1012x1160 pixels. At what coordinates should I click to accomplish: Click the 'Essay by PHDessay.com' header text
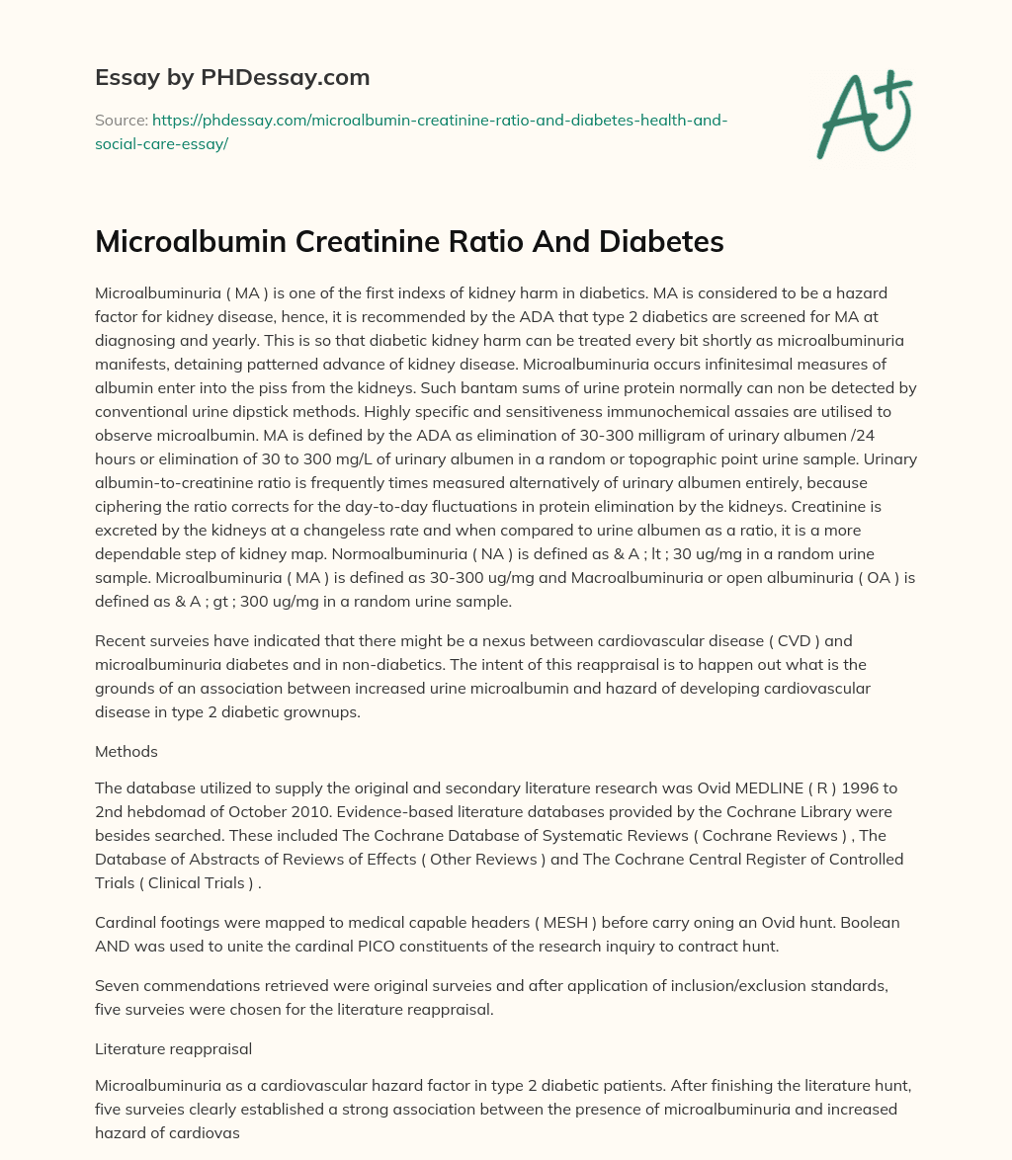(x=231, y=77)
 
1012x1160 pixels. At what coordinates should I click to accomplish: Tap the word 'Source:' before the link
(x=121, y=121)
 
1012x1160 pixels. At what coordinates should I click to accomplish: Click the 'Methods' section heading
(x=126, y=751)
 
